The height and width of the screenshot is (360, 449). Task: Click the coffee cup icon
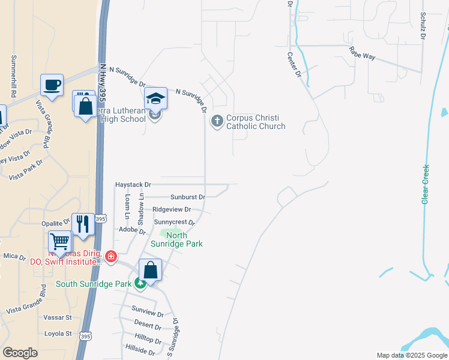[x=52, y=85]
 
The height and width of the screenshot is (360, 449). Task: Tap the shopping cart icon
[x=60, y=242]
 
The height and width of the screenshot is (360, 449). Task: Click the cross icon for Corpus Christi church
[x=216, y=121]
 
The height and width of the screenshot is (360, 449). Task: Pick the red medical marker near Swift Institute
[x=110, y=257]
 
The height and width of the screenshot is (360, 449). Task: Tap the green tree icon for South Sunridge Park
[x=140, y=283]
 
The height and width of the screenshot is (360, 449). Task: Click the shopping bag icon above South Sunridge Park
[x=150, y=269]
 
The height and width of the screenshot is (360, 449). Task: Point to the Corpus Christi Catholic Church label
[x=255, y=122]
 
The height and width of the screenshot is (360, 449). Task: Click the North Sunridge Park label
[x=185, y=240]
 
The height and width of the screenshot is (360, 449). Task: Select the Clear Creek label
[x=426, y=184]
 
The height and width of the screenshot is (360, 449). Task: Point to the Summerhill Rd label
[x=13, y=77]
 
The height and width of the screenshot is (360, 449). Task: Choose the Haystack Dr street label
[x=133, y=185]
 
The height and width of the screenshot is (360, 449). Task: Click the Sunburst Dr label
[x=187, y=197]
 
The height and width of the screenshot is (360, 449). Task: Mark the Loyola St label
[x=58, y=334]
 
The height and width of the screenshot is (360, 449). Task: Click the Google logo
[x=20, y=353]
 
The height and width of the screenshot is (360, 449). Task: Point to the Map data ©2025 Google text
[x=411, y=355]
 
